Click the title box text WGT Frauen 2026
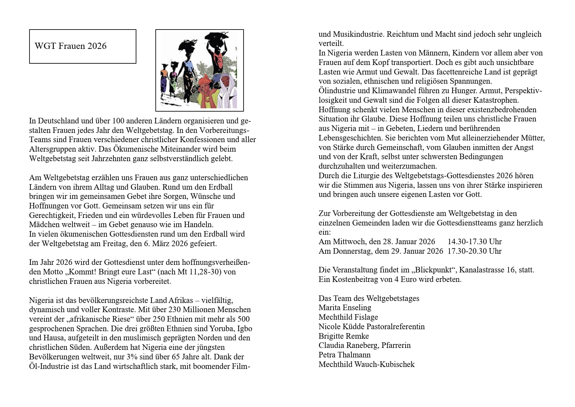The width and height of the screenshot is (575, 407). coord(70,46)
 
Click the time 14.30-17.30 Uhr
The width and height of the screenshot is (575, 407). coord(474,242)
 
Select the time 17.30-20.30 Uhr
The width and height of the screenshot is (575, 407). coord(474,251)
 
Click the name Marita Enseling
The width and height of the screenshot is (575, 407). coord(345,308)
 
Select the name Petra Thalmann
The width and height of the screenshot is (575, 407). coord(344,355)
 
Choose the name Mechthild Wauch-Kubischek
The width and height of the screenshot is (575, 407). coord(366,364)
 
